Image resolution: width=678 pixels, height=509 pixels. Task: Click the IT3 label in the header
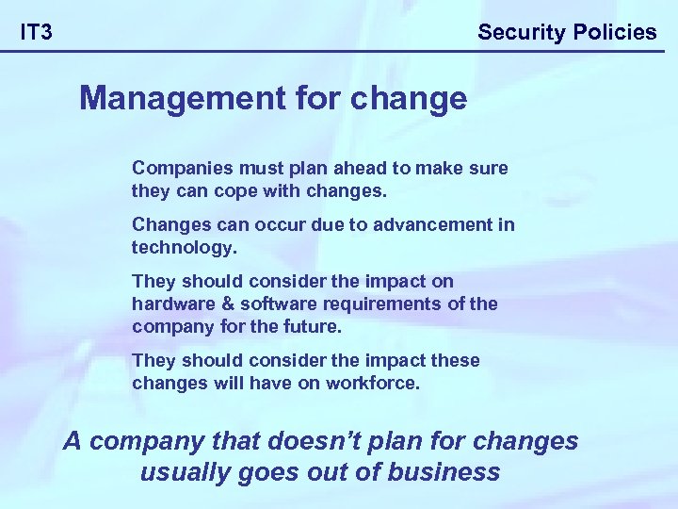pos(37,32)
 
